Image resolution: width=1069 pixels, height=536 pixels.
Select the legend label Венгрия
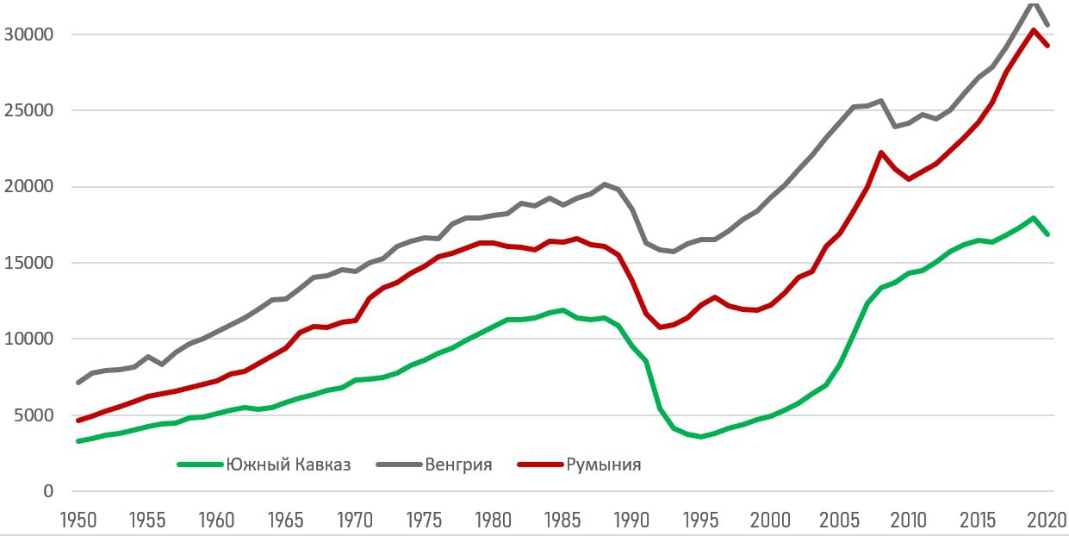pyautogui.click(x=458, y=464)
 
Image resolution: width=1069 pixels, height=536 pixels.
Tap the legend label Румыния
pyautogui.click(x=604, y=464)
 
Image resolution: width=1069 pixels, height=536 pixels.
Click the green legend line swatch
pyautogui.click(x=199, y=464)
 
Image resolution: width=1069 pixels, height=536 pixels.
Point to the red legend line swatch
pyautogui.click(x=539, y=464)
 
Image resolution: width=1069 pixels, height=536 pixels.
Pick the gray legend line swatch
pyautogui.click(x=399, y=464)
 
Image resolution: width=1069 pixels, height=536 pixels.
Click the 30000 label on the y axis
pyautogui.click(x=29, y=35)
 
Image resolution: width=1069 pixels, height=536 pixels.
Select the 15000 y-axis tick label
pyautogui.click(x=29, y=263)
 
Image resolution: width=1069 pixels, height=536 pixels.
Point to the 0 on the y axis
pyautogui.click(x=48, y=491)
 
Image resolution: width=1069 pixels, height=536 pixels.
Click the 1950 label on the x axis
pyautogui.click(x=78, y=520)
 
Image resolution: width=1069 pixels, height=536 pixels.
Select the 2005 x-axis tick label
pyautogui.click(x=840, y=520)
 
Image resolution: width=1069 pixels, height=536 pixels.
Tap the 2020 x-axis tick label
pyautogui.click(x=1047, y=520)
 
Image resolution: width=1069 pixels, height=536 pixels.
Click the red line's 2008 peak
pyautogui.click(x=881, y=153)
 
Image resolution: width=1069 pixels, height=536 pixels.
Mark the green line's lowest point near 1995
pyautogui.click(x=701, y=437)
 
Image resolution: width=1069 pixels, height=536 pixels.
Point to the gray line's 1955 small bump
pyautogui.click(x=148, y=356)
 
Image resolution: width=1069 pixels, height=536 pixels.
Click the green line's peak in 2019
pyautogui.click(x=1033, y=218)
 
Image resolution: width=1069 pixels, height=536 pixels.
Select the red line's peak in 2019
pyautogui.click(x=1034, y=30)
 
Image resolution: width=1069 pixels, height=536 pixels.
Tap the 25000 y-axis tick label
pyautogui.click(x=29, y=111)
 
